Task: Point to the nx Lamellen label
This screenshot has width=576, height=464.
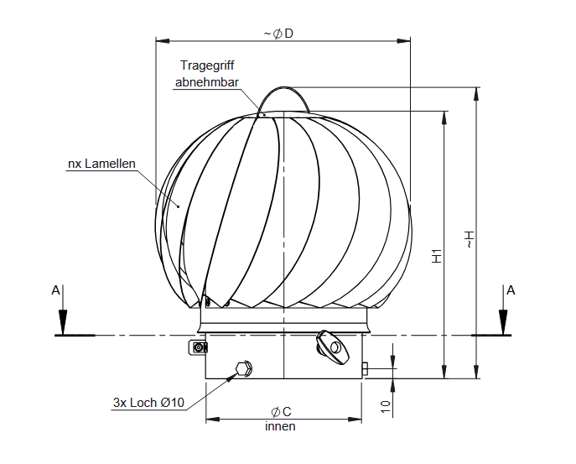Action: (x=101, y=164)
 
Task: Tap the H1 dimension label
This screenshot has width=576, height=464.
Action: (x=437, y=257)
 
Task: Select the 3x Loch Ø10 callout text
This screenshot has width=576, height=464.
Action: (x=148, y=403)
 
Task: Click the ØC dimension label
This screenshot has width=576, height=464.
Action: (x=281, y=411)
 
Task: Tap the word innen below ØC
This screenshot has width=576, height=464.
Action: (x=281, y=426)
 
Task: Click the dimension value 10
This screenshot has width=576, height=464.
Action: (x=385, y=405)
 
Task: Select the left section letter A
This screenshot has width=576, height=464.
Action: (x=56, y=290)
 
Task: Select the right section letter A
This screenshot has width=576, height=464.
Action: (x=510, y=290)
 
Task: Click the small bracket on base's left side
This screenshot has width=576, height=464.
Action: (x=198, y=347)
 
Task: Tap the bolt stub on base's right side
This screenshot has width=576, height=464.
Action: (x=366, y=368)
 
